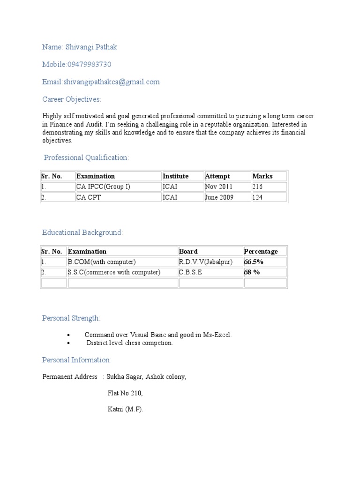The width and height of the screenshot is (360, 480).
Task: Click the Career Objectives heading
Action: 71,99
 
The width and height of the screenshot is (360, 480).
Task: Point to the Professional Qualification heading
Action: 86,158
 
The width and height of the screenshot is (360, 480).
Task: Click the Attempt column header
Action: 217,176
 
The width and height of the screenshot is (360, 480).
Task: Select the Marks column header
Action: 262,176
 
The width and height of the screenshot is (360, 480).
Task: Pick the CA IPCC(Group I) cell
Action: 104,187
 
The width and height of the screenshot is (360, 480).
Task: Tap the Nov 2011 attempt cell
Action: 218,187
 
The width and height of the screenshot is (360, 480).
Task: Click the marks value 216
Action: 257,187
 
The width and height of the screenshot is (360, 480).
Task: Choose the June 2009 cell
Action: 219,197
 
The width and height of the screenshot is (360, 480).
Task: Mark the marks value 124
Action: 257,197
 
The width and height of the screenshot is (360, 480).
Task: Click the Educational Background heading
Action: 82,232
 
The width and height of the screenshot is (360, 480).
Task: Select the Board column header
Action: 188,251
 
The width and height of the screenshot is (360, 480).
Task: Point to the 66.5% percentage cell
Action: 253,262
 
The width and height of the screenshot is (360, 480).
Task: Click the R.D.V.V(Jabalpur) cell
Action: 206,262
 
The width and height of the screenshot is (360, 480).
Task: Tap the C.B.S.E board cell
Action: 191,272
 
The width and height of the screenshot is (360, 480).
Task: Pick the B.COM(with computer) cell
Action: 102,262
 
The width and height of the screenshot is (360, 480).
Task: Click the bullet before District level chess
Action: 68,343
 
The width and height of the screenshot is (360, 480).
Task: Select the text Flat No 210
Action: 125,393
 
